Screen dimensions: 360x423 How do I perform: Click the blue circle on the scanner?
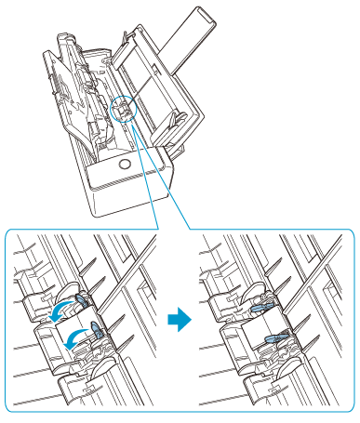[120, 111]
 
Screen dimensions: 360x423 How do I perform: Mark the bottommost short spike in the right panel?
[304, 345]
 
